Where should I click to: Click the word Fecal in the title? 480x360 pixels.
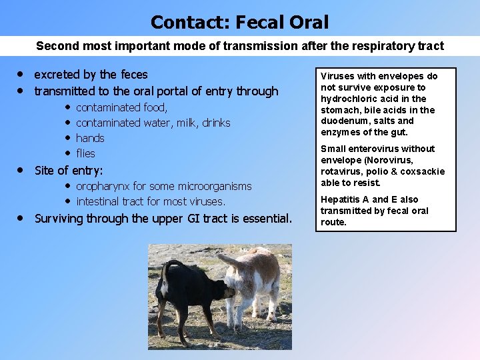(x=257, y=23)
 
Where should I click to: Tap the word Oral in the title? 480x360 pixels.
(x=308, y=23)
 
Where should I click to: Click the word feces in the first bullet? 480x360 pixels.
(x=131, y=74)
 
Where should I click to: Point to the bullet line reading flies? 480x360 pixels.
(x=85, y=153)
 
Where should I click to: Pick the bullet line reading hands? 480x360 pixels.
(x=90, y=138)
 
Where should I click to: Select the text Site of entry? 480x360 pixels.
(x=69, y=170)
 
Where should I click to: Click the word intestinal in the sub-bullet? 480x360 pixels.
(x=98, y=201)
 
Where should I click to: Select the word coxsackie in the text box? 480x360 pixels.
(x=423, y=171)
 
